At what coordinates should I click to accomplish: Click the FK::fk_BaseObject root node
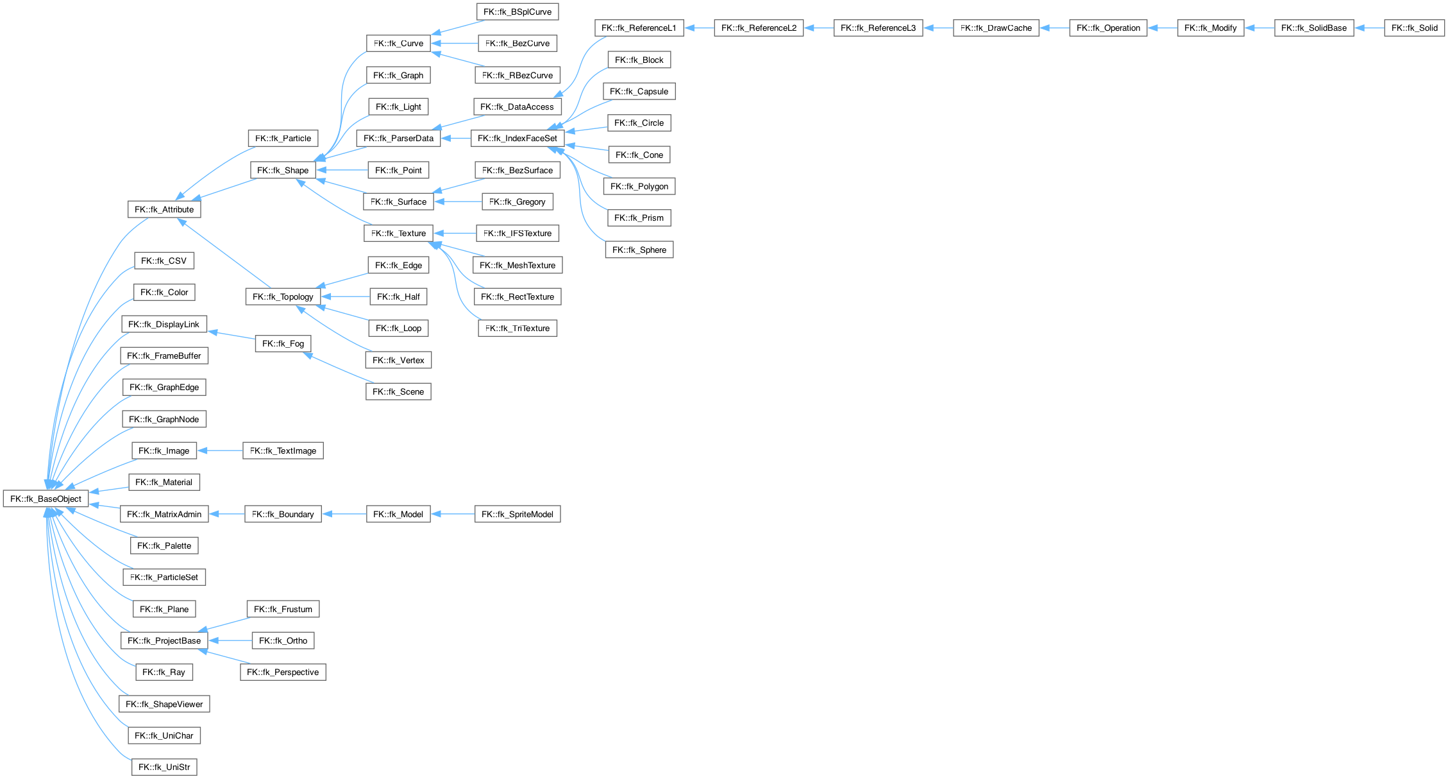click(46, 499)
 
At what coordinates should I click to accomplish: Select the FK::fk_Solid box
click(1414, 28)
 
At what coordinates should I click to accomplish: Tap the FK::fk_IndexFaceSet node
click(517, 138)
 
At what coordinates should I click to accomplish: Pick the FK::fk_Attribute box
click(164, 209)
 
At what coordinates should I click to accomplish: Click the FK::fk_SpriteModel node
click(517, 514)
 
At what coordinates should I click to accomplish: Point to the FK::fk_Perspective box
click(283, 672)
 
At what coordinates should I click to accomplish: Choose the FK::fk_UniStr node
click(164, 767)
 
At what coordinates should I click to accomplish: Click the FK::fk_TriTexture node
click(517, 328)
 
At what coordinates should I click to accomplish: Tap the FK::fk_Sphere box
click(639, 250)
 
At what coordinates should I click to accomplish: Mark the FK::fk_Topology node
click(283, 296)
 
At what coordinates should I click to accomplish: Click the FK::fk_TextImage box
click(283, 450)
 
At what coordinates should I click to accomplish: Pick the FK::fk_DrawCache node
click(996, 28)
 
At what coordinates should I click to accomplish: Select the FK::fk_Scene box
click(398, 391)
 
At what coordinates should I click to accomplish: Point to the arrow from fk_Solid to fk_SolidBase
click(1369, 28)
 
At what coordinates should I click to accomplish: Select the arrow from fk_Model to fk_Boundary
click(344, 514)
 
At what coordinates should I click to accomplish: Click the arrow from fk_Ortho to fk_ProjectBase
click(230, 640)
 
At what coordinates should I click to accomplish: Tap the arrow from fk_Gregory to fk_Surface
click(458, 201)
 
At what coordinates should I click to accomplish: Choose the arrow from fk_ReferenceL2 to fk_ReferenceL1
click(699, 28)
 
